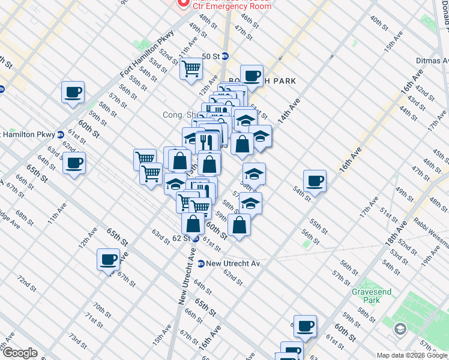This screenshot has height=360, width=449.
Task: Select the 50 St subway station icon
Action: click(225, 56)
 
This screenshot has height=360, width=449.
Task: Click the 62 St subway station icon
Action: click(196, 238)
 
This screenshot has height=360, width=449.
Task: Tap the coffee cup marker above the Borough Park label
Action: click(252, 76)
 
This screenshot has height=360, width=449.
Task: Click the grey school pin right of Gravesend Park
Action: click(400, 329)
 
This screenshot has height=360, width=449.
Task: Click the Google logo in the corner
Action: click(20, 353)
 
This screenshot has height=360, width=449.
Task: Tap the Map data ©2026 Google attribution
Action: click(411, 355)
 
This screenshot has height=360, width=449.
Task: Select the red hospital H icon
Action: click(182, 3)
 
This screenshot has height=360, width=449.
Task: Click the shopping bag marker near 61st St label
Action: click(240, 225)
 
